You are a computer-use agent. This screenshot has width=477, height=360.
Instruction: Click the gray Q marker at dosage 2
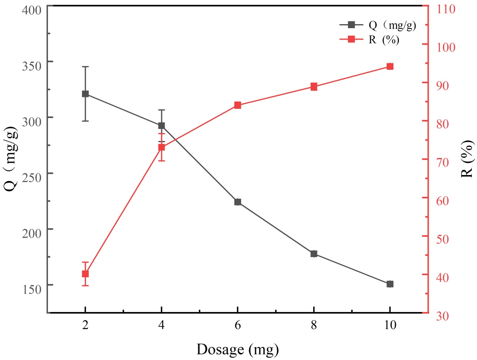(85, 94)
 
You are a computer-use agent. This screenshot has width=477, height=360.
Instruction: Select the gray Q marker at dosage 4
(162, 126)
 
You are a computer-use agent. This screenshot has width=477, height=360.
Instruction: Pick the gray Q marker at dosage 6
(238, 202)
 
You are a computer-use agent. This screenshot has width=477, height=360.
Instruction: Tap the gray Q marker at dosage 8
(314, 253)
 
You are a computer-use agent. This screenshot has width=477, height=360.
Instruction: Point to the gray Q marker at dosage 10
(390, 284)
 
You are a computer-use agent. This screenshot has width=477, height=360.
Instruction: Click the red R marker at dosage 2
(85, 274)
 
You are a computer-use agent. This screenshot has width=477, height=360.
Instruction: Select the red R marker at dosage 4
(162, 147)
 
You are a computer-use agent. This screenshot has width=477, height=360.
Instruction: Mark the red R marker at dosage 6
(238, 105)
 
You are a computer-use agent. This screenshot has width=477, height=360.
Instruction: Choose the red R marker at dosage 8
(314, 87)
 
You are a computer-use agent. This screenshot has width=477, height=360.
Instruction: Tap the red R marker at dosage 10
(390, 67)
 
